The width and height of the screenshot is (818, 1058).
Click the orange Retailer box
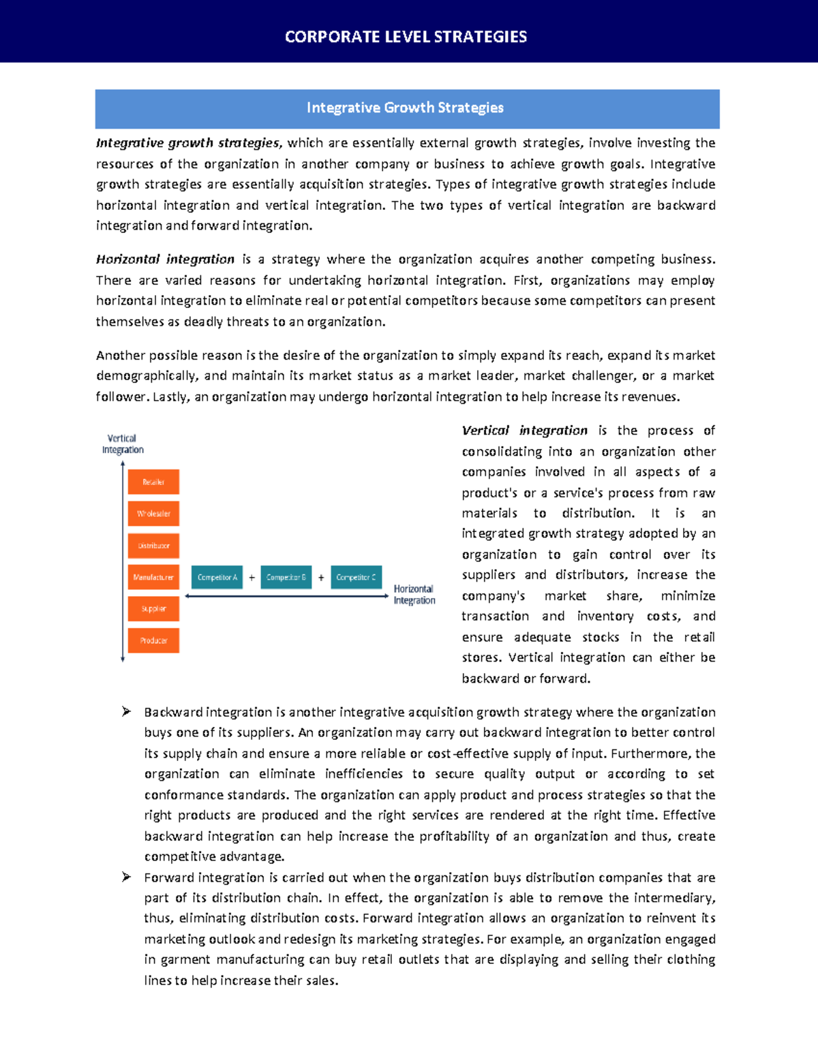(153, 482)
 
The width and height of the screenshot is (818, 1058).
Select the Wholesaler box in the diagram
(153, 514)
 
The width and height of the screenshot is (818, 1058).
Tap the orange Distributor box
(153, 546)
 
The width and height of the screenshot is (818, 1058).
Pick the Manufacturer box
(153, 577)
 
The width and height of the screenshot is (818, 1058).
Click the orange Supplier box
(153, 609)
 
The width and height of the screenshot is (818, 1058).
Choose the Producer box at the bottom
(153, 640)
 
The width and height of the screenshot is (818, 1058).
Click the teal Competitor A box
(217, 577)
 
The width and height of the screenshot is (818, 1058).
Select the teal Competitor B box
(286, 577)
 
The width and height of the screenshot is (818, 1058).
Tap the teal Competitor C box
(356, 577)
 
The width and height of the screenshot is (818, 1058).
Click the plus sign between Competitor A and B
(252, 578)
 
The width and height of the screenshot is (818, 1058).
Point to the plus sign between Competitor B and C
(321, 578)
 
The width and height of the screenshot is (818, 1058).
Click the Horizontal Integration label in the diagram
(414, 595)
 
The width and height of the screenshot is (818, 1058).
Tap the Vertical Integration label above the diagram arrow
(123, 444)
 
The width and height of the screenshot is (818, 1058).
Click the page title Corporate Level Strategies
(406, 37)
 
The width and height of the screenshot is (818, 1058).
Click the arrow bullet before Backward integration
(126, 712)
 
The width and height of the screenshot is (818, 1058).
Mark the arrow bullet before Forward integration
(126, 877)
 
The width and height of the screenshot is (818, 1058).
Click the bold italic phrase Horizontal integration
(165, 260)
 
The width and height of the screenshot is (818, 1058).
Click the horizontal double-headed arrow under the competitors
(286, 596)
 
